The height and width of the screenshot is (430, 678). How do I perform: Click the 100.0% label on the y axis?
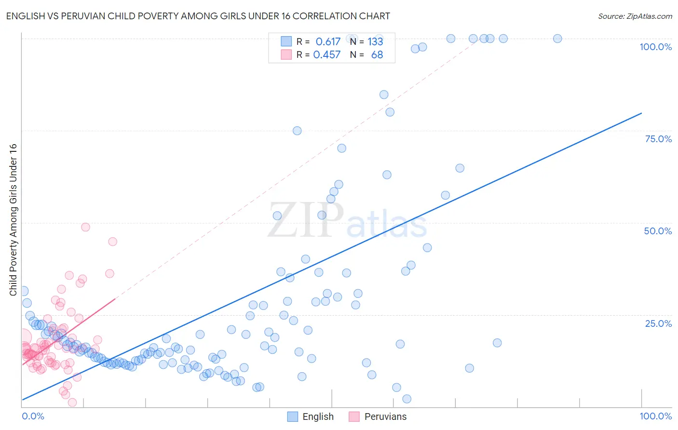(655, 47)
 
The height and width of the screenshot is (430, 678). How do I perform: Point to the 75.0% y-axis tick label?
(658, 139)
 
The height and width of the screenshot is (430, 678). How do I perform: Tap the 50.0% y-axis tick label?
(658, 231)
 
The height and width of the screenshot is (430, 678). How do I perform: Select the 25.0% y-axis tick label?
(658, 323)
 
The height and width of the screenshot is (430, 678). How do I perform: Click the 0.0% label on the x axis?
(33, 416)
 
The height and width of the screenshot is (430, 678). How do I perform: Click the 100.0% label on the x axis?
(655, 416)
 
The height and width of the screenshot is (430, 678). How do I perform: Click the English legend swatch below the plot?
(292, 417)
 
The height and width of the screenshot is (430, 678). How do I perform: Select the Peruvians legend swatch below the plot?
(354, 417)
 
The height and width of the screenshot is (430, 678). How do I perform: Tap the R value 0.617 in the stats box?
(328, 41)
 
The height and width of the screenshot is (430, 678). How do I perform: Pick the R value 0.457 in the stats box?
(327, 54)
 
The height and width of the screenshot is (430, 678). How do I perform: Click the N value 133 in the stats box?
(375, 41)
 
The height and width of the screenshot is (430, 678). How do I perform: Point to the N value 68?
(377, 54)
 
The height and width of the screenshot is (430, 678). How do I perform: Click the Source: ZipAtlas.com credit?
(635, 16)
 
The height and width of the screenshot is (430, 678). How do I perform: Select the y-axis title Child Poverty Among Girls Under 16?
(13, 220)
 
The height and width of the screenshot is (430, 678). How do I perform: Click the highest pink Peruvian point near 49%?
(85, 227)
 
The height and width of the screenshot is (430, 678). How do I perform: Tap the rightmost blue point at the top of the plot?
(557, 39)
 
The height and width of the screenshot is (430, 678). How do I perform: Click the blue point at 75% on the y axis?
(297, 131)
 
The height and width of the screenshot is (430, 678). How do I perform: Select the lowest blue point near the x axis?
(407, 399)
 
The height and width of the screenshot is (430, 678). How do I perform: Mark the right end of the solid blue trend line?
(641, 113)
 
